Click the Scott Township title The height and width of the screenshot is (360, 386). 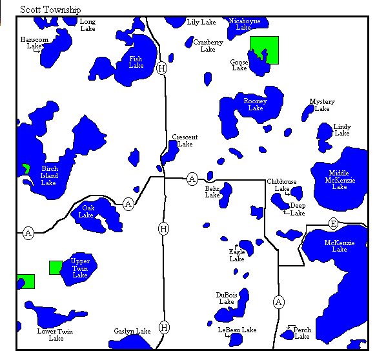click(x=50, y=10)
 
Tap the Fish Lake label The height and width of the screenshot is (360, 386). click(x=136, y=62)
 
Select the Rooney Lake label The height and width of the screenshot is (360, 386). click(x=255, y=105)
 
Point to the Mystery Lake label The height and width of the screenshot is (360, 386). click(x=322, y=105)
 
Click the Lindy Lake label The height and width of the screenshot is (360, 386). click(x=342, y=130)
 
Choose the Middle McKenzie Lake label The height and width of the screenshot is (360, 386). click(x=340, y=180)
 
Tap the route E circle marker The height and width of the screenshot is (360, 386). click(x=333, y=223)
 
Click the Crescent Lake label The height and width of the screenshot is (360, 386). click(x=185, y=141)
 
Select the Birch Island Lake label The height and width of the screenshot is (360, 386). click(x=49, y=175)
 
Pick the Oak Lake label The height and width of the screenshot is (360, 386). click(x=86, y=212)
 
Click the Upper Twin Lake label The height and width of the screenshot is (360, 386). click(x=80, y=268)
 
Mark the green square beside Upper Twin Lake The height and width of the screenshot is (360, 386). click(x=56, y=267)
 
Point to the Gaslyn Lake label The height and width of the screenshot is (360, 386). click(x=132, y=331)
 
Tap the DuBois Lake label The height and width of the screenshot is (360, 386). click(x=227, y=297)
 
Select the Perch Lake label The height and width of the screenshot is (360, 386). click(x=302, y=333)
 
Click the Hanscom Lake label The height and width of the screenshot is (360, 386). click(x=34, y=43)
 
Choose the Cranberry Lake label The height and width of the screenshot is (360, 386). click(x=208, y=46)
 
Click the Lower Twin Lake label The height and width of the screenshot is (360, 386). click(x=56, y=335)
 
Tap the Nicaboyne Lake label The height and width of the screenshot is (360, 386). click(x=245, y=24)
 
